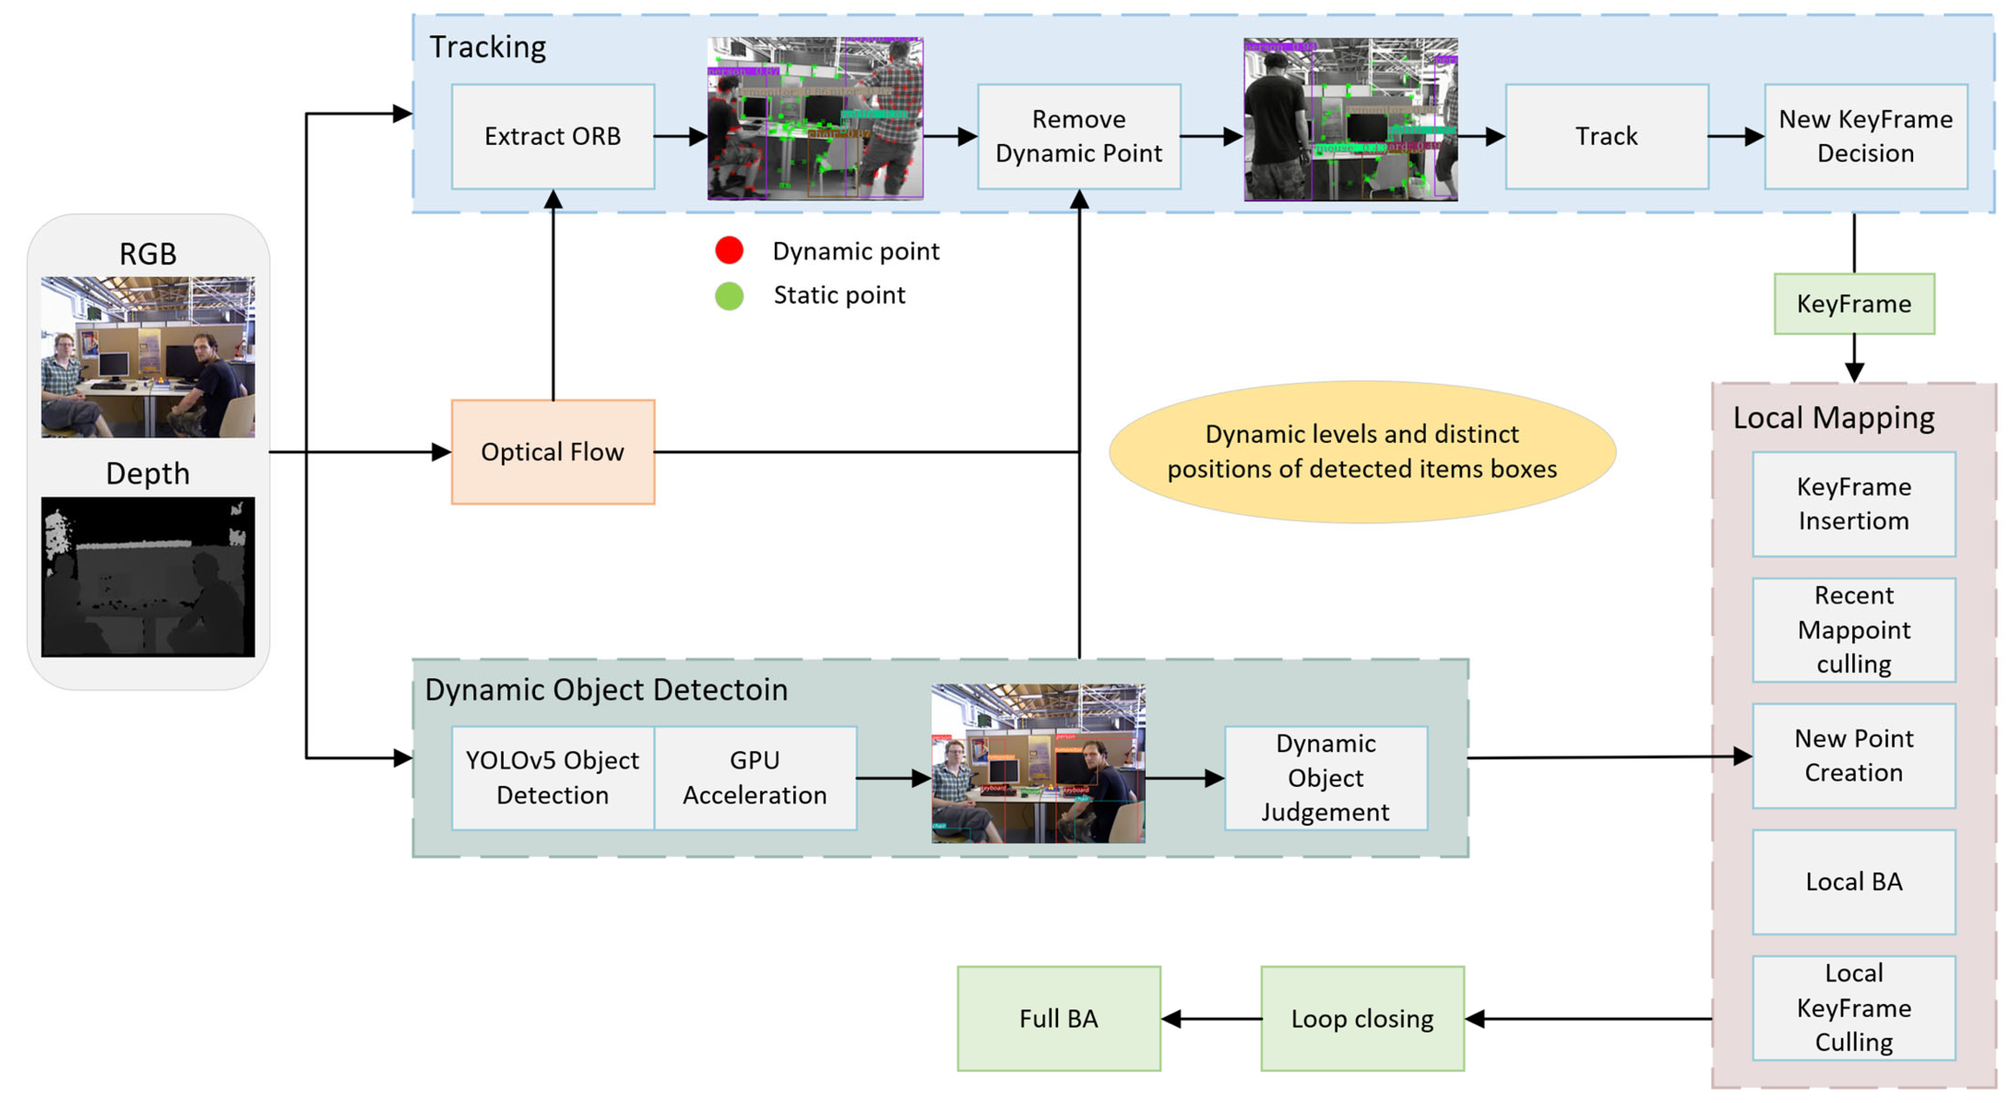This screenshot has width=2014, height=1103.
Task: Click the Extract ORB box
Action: click(553, 137)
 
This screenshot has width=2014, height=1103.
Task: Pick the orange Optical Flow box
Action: click(553, 452)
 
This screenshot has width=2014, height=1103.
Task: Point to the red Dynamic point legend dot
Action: click(729, 250)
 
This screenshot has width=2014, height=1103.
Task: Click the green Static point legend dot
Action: click(729, 295)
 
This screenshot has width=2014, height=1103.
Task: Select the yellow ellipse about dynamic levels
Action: click(1361, 452)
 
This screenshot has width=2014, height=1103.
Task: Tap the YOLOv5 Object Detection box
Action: click(553, 778)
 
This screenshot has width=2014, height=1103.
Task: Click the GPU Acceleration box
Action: click(755, 778)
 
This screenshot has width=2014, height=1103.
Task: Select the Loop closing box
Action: click(1361, 1019)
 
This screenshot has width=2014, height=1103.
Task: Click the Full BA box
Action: click(1058, 1019)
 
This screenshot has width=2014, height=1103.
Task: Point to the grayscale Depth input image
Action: click(148, 577)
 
